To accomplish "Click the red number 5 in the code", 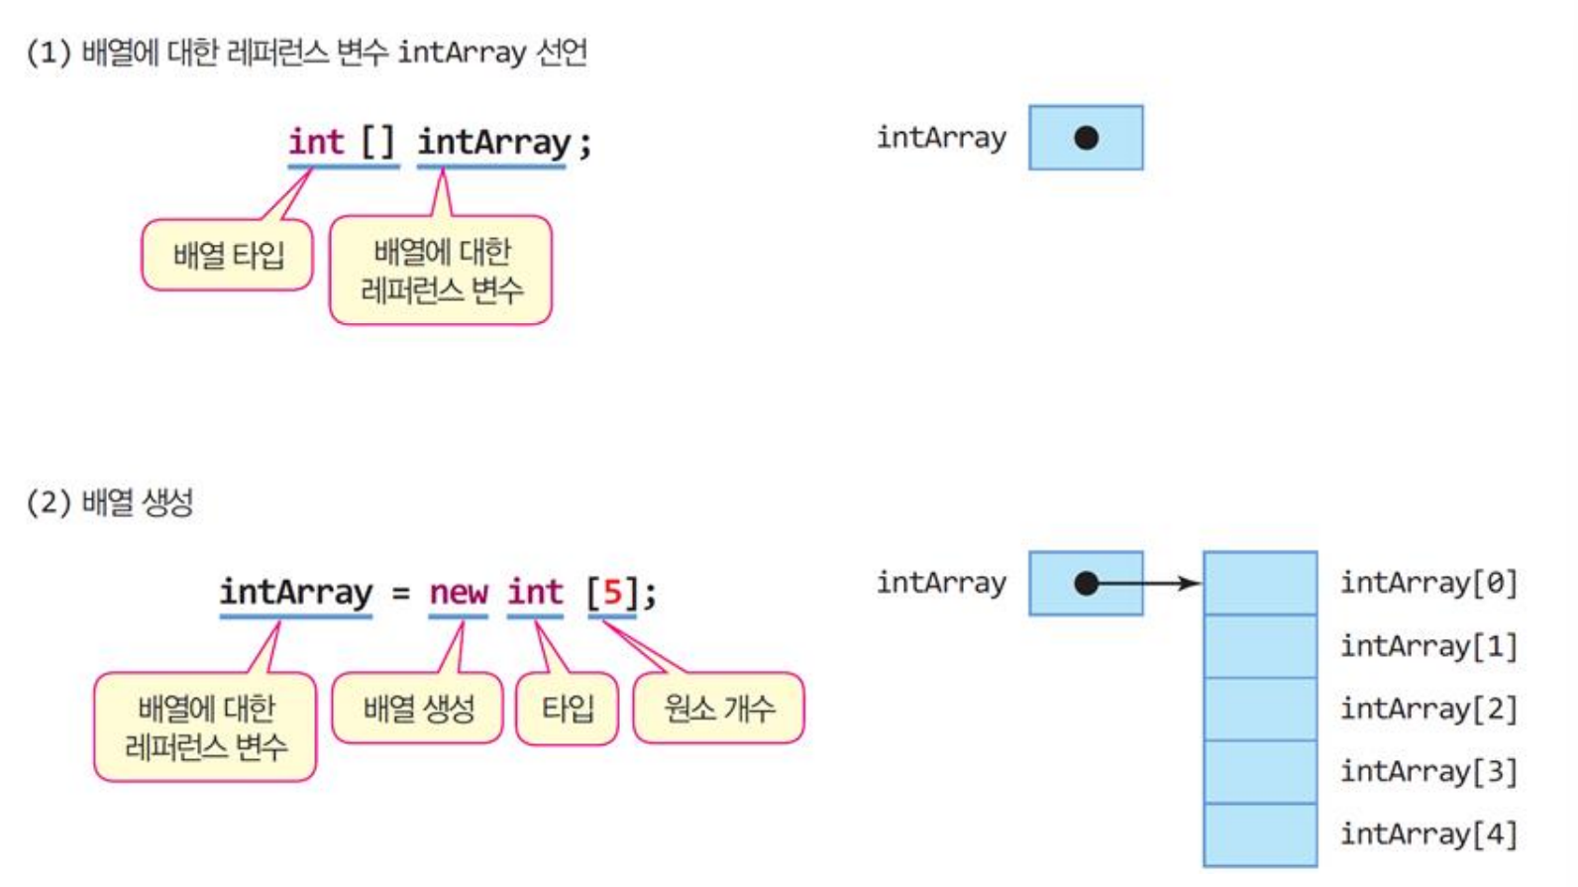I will coord(612,593).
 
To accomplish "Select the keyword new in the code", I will coord(459,593).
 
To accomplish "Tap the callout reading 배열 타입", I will coord(228,256).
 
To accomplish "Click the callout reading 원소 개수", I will coord(719,708).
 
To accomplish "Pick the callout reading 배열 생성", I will coord(418,708).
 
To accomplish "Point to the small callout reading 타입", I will coord(568,708).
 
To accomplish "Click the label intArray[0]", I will coord(1427,583).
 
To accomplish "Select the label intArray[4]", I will coord(1427,834).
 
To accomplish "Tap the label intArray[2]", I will coord(1427,709).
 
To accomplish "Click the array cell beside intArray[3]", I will coord(1260,772).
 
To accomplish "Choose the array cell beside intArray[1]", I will coord(1260,646).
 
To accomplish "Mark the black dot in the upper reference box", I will coord(1086,138).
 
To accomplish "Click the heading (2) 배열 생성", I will coord(110,501).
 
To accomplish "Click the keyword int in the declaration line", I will coord(316,142).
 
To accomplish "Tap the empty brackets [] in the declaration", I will coord(377,142).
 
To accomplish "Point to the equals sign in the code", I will coord(400,594).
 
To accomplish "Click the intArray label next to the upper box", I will coord(940,138).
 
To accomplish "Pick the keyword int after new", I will coord(535,593).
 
